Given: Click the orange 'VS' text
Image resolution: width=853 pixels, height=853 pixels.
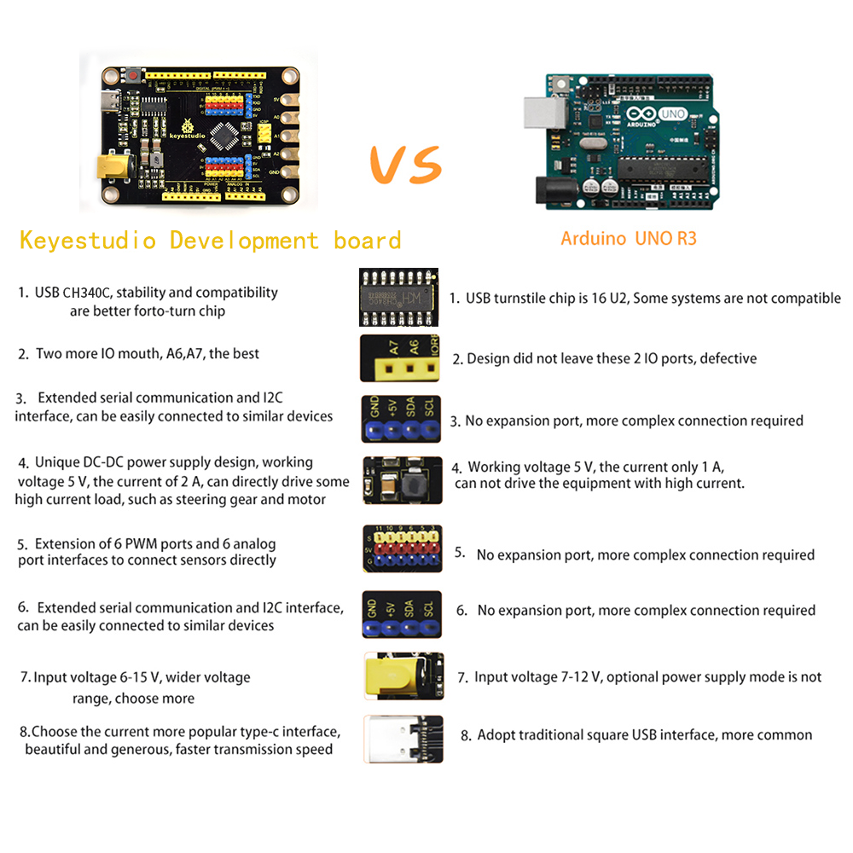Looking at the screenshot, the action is click(x=406, y=165).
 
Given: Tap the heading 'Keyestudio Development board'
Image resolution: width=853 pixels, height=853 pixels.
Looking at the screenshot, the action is click(x=210, y=240).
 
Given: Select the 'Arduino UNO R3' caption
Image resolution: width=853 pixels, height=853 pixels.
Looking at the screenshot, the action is click(x=629, y=238).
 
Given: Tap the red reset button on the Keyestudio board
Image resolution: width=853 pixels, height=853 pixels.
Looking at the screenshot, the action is click(x=133, y=74).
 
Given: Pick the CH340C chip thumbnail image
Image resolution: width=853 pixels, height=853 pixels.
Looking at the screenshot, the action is click(x=398, y=297).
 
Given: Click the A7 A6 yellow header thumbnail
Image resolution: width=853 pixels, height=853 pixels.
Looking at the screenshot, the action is click(x=400, y=358).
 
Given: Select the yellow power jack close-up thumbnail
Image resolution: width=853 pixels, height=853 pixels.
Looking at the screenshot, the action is click(x=403, y=676).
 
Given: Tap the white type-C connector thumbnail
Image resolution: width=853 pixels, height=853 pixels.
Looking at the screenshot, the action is click(x=403, y=740).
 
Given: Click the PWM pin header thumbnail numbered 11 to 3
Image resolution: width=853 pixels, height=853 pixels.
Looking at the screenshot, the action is click(x=402, y=548).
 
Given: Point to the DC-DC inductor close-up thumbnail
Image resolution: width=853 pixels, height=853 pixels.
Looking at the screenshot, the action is click(x=403, y=480).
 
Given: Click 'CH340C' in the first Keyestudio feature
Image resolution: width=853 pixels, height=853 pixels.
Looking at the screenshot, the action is click(x=86, y=293).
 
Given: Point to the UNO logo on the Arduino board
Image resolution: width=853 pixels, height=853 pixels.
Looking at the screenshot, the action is click(x=673, y=113).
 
